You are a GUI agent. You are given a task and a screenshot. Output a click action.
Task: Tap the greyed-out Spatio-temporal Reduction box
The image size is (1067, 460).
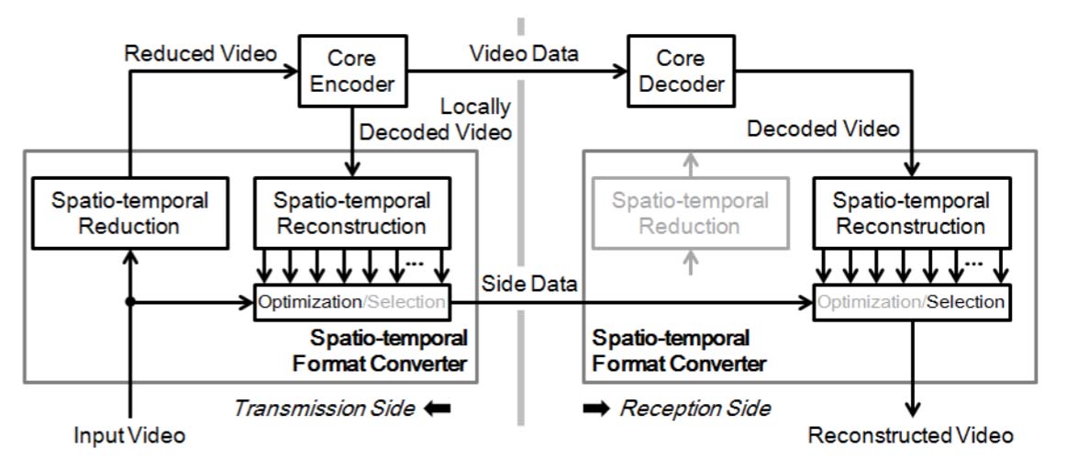click(690, 212)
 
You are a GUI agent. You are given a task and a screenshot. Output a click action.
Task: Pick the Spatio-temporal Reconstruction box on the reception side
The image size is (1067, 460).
click(911, 212)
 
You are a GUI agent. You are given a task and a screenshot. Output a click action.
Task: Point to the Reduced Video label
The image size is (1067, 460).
click(200, 54)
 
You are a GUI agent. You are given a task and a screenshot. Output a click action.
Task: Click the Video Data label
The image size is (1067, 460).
click(523, 54)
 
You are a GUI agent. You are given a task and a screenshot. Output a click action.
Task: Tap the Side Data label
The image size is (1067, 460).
click(530, 285)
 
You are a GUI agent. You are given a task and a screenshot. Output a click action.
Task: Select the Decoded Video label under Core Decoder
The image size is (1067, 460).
click(822, 129)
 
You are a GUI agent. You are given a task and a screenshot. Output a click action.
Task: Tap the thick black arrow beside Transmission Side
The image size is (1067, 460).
click(439, 407)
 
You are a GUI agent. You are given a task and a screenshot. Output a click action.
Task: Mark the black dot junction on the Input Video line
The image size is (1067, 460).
click(129, 302)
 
